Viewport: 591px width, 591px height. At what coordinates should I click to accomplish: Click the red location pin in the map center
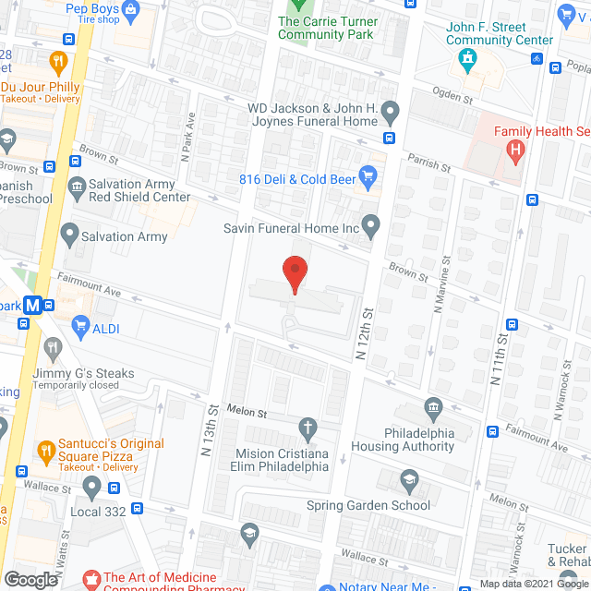pos(294,273)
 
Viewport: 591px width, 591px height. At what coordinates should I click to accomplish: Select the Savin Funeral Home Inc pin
pos(370,224)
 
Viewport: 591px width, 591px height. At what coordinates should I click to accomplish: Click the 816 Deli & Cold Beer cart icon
pos(368,174)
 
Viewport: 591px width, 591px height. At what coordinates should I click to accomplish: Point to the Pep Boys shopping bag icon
pos(130,11)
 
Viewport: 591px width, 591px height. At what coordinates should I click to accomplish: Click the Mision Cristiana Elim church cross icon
pos(308,428)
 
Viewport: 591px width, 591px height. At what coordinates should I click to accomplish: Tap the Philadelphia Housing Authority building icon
pos(433,408)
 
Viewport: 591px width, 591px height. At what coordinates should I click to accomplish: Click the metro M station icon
pos(33,305)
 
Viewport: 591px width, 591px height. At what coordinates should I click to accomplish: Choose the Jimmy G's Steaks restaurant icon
pos(54,350)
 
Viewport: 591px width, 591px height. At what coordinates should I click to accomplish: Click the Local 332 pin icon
pos(91,485)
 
